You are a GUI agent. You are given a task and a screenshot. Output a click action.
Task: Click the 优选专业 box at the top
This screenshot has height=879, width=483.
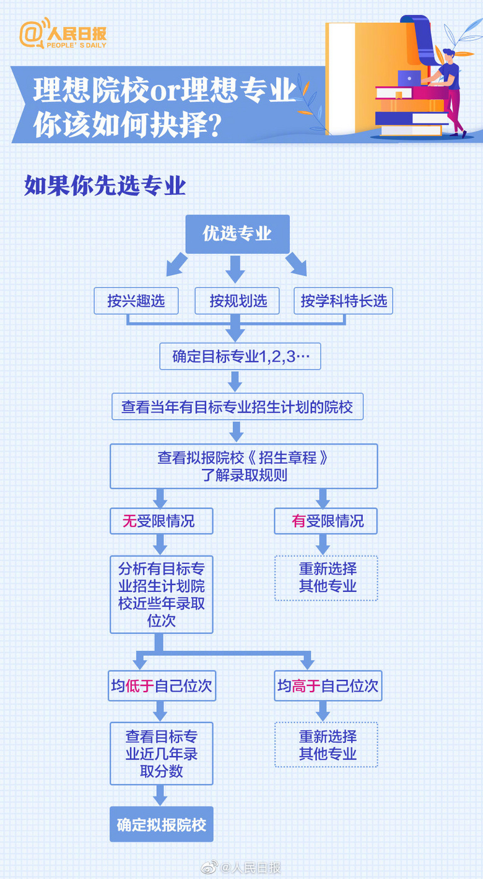click(x=237, y=234)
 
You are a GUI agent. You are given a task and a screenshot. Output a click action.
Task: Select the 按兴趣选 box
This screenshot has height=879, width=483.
click(x=136, y=301)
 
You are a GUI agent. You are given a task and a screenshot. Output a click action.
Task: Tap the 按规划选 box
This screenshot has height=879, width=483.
click(x=238, y=301)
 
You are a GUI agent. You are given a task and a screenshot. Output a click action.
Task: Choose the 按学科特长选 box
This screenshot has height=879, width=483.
click(x=344, y=301)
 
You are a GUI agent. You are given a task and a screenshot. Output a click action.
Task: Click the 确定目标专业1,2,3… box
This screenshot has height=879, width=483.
click(x=240, y=356)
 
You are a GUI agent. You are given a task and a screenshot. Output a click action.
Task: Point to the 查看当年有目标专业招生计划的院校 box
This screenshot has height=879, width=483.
click(x=237, y=407)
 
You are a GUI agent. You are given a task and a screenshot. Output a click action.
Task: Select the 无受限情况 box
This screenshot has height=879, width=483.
click(x=161, y=521)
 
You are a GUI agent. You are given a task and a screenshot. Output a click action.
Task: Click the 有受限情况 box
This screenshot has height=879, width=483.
click(x=326, y=521)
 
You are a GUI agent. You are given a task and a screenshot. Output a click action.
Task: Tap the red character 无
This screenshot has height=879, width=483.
click(x=129, y=521)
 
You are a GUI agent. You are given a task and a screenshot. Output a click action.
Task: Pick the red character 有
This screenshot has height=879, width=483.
click(x=298, y=521)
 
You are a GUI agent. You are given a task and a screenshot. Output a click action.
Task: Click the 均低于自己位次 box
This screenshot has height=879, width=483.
click(x=162, y=686)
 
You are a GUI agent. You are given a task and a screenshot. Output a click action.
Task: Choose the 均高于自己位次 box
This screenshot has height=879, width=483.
click(x=328, y=686)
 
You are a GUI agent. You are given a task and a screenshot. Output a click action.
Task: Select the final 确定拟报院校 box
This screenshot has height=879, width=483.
click(x=162, y=825)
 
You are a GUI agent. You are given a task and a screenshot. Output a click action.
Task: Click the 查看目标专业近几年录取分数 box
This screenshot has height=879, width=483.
click(x=162, y=753)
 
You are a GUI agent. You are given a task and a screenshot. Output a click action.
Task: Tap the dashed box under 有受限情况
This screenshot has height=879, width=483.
click(x=326, y=578)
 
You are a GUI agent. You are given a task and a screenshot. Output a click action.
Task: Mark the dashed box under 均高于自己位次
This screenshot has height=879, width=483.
click(x=326, y=745)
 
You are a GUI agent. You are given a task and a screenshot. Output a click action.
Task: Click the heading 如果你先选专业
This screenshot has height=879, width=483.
click(x=105, y=186)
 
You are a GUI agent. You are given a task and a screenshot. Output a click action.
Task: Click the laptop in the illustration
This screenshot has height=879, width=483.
click(x=409, y=78)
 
